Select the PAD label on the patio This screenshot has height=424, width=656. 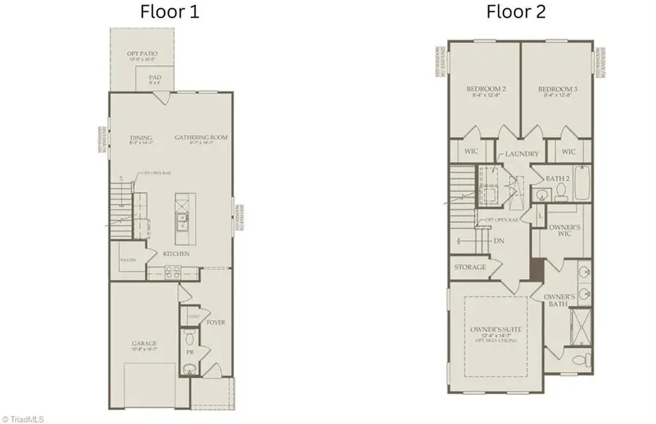(x=155, y=77)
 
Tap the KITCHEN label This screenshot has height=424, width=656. (x=176, y=253)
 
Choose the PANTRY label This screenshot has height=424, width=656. (x=129, y=259)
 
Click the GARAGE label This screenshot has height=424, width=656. (x=144, y=343)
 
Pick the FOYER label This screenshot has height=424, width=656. (x=216, y=320)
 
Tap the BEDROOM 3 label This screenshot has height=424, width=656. (x=558, y=90)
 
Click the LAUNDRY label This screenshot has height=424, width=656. (x=522, y=154)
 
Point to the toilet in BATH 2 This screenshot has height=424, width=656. (x=561, y=191)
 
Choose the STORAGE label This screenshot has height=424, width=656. (x=470, y=267)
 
